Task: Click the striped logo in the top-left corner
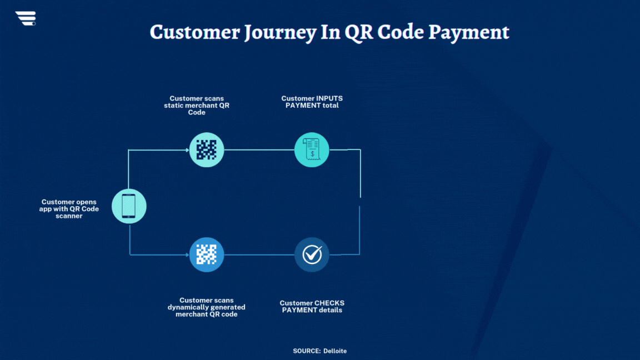click(26, 18)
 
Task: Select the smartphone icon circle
click(129, 206)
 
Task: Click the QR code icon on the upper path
click(207, 150)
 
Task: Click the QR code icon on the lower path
click(207, 254)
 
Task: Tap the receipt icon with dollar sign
click(312, 150)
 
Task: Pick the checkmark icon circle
click(312, 254)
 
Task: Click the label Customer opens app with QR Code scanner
click(69, 209)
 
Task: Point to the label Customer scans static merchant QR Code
click(197, 105)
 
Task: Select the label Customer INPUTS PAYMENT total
click(312, 102)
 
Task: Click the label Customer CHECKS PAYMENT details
click(312, 306)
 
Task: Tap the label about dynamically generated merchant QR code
click(207, 307)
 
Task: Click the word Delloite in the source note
click(335, 351)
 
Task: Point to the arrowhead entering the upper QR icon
click(187, 150)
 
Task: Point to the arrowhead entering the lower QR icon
click(187, 254)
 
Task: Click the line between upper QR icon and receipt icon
click(259, 150)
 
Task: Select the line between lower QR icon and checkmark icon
click(259, 254)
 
